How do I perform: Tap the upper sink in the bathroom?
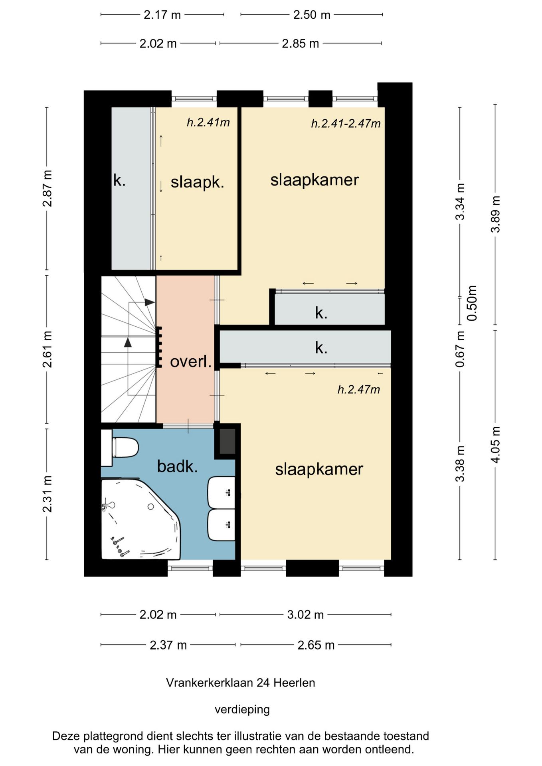pos(221,492)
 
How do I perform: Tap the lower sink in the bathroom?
pos(221,525)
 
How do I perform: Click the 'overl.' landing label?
pos(191,362)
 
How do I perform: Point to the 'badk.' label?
pos(177,466)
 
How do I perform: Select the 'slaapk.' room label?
pos(197,182)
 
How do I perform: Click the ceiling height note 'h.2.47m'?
pos(359,389)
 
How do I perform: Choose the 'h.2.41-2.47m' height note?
pos(346,124)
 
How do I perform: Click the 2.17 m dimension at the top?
pos(162,15)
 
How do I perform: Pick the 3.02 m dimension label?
pos(305,615)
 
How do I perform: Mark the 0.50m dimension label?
pos(472,303)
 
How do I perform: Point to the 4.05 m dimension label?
pos(495,445)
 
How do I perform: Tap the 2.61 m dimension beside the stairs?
pos(47,349)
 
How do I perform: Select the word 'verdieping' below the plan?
pos(242,709)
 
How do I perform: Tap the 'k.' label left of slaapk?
pos(119,180)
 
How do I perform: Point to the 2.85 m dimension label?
pos(301,43)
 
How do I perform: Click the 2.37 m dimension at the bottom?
pos(168,645)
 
